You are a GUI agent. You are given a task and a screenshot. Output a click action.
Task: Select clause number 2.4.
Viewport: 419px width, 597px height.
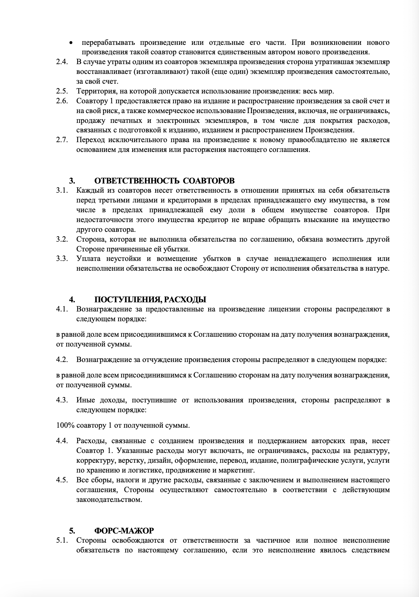[62, 62]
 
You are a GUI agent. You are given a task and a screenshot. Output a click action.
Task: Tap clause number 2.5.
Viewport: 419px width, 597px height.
[62, 91]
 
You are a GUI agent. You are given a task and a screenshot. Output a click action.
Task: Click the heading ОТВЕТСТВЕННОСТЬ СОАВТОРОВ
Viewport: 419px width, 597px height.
[164, 181]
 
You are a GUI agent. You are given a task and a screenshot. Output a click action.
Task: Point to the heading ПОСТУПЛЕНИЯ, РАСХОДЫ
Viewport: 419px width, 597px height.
[150, 299]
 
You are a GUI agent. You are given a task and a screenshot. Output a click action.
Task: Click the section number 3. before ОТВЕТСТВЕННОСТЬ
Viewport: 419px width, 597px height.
[72, 181]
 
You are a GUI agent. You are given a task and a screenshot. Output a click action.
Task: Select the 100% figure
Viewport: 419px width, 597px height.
[65, 425]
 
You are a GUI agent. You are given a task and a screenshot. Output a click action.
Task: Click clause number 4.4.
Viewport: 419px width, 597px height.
[62, 441]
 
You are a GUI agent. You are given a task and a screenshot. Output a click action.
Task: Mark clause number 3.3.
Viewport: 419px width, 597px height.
[62, 259]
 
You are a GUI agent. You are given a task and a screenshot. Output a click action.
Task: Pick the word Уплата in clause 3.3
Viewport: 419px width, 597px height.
[88, 259]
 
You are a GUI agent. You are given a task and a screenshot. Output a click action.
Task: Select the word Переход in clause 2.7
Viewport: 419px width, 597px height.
[90, 140]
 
